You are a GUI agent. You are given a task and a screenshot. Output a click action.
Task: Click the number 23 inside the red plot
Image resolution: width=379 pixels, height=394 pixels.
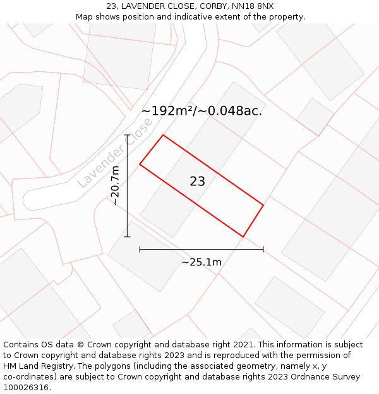click(197, 182)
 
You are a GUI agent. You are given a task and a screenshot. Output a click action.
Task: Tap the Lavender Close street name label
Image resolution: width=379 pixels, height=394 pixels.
click(114, 153)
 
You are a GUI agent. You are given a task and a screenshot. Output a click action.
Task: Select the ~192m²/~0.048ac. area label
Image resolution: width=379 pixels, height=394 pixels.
click(202, 111)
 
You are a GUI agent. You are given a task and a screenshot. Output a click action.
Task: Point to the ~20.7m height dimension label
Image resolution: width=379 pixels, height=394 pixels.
click(115, 186)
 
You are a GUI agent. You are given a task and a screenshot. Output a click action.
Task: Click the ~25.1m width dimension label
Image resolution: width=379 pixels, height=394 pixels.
click(202, 262)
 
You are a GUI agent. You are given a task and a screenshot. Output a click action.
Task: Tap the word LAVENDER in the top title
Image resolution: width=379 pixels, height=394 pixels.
click(143, 6)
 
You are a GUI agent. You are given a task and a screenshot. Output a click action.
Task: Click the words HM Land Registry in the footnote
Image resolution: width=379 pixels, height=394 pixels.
click(37, 366)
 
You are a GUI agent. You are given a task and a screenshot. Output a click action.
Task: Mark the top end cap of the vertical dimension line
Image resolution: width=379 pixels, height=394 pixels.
click(128, 135)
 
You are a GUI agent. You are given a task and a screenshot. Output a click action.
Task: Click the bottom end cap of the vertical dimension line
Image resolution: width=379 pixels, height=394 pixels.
click(128, 237)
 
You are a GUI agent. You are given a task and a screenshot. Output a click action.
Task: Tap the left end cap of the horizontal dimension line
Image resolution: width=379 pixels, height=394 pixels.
click(140, 250)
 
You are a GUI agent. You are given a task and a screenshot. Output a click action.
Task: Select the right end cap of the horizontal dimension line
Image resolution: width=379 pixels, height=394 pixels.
click(263, 250)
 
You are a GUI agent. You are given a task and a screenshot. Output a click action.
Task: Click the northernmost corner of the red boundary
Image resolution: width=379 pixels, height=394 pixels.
click(163, 135)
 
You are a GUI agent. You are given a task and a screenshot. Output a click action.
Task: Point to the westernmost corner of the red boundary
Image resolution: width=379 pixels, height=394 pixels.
click(140, 165)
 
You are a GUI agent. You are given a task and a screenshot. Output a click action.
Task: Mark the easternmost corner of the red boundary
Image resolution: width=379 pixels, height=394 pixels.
click(263, 205)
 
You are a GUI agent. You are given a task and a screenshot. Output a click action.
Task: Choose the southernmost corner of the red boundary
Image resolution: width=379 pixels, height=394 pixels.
click(243, 237)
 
